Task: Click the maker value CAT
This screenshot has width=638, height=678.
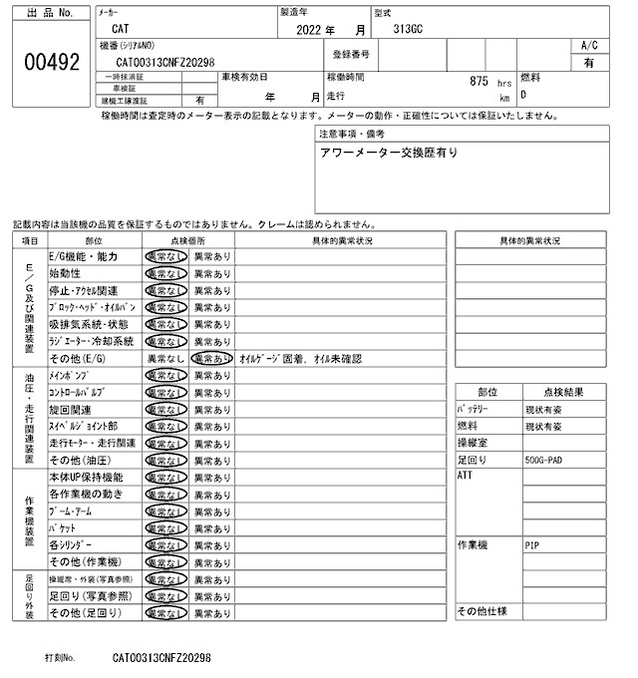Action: click(119, 31)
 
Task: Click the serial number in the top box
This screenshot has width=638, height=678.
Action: click(178, 62)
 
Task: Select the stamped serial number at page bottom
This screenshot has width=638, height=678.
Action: click(161, 659)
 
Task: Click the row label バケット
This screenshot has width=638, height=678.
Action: click(69, 527)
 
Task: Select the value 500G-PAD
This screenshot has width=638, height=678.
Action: click(547, 461)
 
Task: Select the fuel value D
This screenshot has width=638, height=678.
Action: click(524, 96)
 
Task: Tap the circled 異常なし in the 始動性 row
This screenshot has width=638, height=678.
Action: click(166, 273)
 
